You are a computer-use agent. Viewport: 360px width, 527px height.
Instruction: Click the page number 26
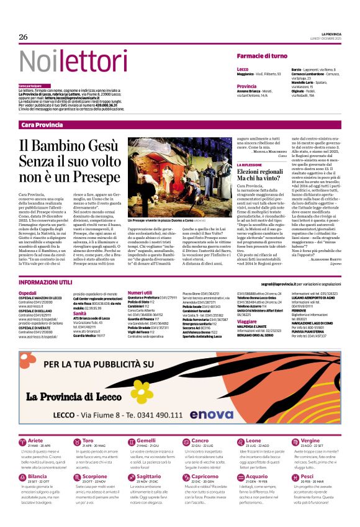[x=24, y=37]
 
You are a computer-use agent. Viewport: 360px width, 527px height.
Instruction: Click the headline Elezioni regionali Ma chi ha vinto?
[x=264, y=174]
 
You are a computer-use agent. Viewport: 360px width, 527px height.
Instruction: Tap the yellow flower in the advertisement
[x=142, y=392]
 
